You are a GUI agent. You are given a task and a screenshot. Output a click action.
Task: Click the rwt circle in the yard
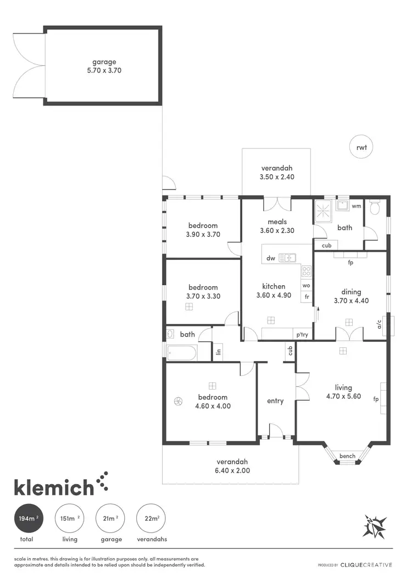pos(361,147)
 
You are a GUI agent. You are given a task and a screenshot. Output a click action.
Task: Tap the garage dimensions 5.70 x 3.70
pos(104,71)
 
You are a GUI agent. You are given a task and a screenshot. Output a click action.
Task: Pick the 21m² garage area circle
pos(109,518)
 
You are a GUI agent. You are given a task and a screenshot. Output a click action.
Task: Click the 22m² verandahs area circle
pos(151,518)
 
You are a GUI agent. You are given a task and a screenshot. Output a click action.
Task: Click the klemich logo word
pos(54,487)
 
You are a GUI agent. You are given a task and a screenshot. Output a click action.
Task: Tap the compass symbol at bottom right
pos(376,526)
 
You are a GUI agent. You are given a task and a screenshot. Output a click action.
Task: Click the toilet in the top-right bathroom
pos(376,208)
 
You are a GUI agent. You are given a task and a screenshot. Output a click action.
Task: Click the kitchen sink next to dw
pos(287,258)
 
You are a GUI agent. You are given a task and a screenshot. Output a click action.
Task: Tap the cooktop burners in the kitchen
pos(307,271)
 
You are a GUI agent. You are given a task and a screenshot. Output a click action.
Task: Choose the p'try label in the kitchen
pos(302,334)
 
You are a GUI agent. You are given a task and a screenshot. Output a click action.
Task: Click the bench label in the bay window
pos(347,456)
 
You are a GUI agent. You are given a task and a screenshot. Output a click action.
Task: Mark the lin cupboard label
pos(218,351)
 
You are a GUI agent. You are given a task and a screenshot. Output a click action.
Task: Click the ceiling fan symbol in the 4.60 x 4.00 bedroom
pos(177,401)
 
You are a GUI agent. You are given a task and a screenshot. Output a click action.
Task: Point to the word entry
pos(275,401)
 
